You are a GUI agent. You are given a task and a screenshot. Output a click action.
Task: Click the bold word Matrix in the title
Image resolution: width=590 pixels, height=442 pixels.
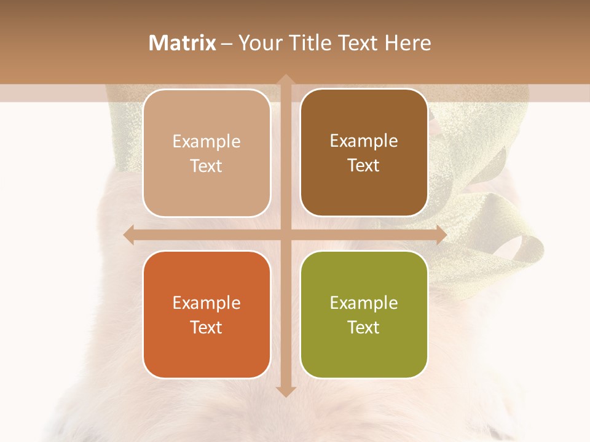183,43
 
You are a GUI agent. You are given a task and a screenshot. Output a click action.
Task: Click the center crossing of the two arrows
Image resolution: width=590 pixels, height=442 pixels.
285,235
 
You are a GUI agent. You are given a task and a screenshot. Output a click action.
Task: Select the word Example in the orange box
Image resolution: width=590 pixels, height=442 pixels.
206,303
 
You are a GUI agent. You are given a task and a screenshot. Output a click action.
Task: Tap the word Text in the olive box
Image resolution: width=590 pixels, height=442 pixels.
364,327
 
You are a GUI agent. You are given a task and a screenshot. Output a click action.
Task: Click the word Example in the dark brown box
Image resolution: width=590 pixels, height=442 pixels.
364,141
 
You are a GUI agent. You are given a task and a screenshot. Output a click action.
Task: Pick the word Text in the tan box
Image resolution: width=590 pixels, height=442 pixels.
206,166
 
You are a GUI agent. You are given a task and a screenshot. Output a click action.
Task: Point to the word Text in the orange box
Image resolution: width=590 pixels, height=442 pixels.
206,327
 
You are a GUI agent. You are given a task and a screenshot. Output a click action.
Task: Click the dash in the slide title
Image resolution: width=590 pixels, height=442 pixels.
227,44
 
